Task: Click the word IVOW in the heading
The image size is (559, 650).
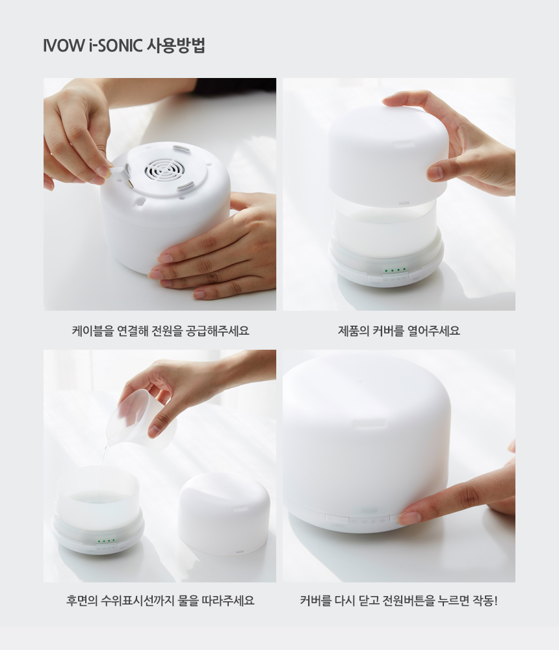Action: [64, 45]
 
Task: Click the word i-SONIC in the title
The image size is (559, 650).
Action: [115, 45]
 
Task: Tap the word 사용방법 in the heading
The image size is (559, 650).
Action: [176, 45]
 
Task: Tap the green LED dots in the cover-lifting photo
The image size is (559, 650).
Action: [395, 270]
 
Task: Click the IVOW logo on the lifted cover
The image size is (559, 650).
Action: [404, 203]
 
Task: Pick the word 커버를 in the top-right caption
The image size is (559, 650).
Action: [388, 331]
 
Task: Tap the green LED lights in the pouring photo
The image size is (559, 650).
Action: [106, 541]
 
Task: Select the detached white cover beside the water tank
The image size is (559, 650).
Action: [224, 514]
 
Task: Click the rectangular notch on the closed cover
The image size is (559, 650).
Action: [369, 424]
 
